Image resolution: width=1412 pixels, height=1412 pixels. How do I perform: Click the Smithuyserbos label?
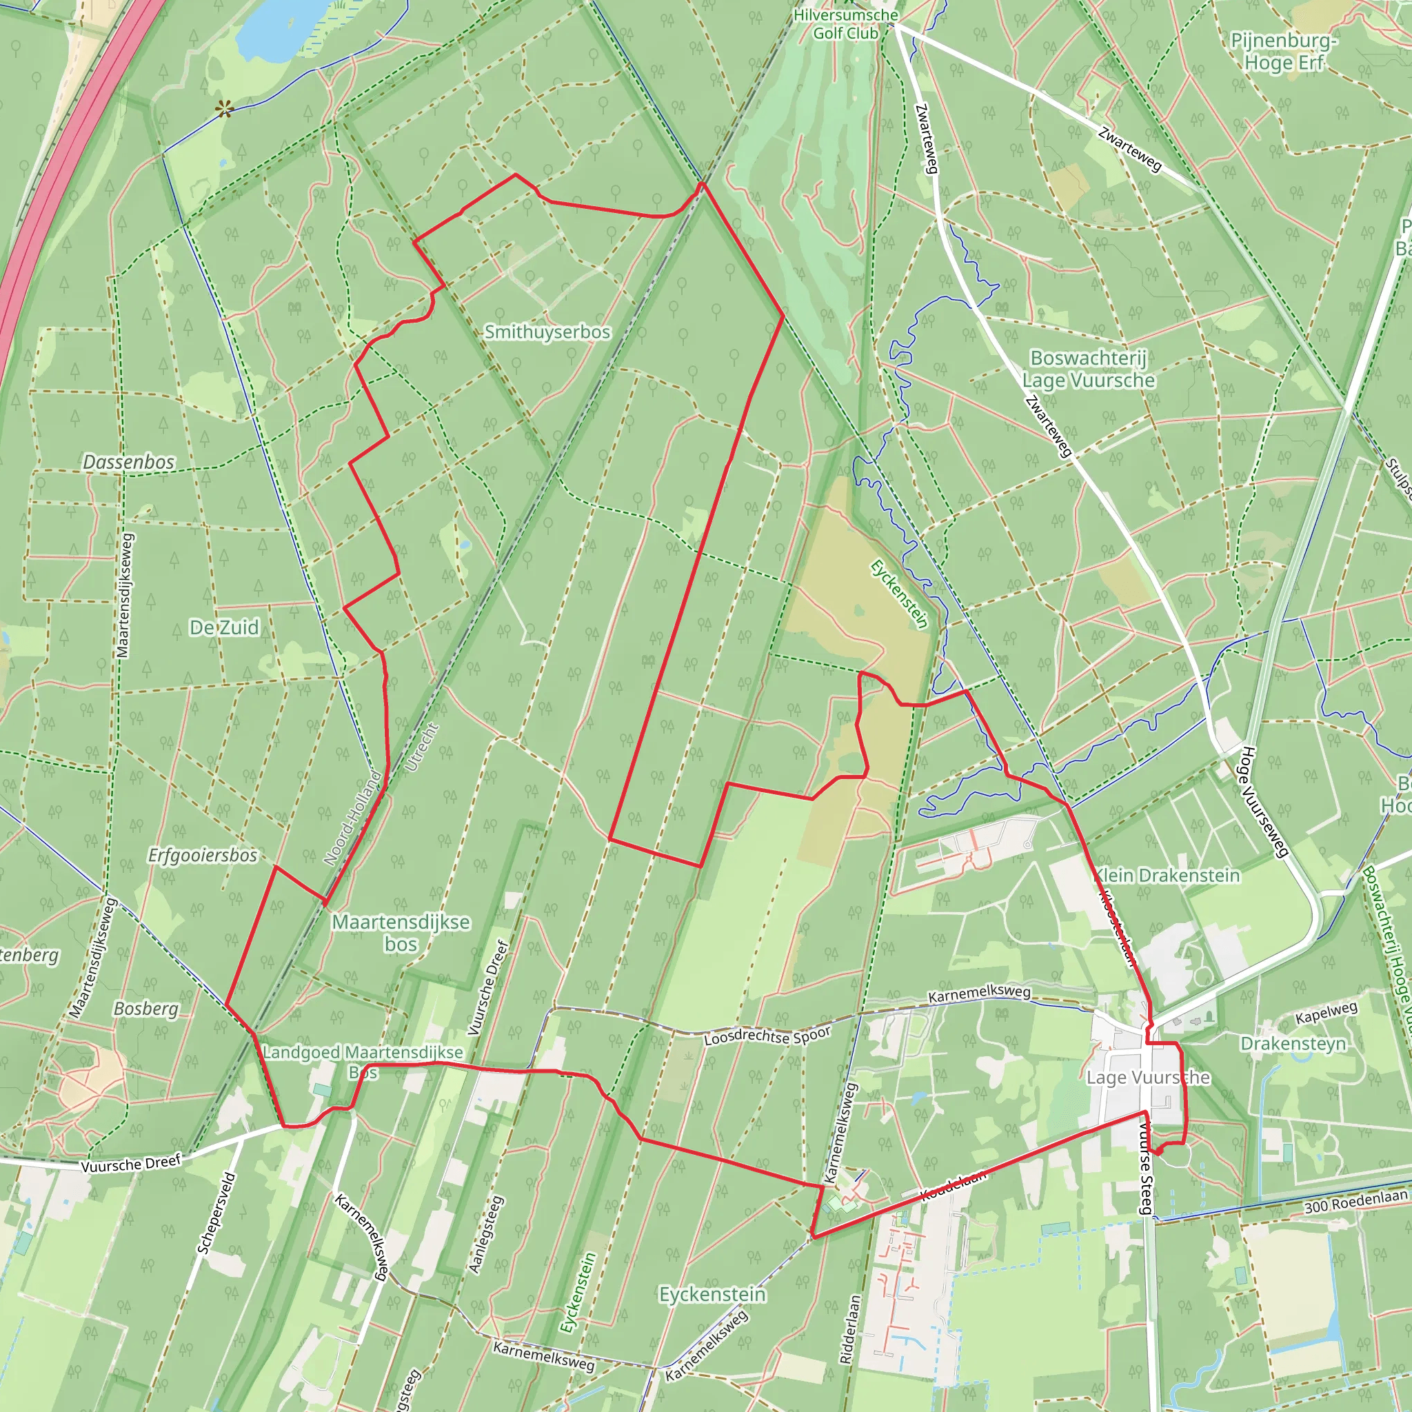(547, 332)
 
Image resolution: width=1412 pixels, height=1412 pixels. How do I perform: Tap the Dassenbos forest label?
(129, 462)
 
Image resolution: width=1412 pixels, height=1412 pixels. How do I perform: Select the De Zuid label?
(223, 627)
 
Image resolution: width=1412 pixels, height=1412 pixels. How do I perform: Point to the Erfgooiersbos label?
(203, 855)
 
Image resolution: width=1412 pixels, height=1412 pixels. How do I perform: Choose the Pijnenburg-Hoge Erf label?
(1284, 51)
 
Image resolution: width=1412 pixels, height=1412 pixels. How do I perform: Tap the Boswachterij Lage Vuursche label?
(1088, 369)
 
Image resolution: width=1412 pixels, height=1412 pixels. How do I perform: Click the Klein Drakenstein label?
(1167, 876)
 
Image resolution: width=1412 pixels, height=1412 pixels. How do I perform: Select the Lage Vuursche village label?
(1147, 1078)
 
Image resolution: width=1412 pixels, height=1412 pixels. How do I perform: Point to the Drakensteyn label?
(1293, 1043)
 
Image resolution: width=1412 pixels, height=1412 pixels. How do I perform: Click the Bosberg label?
(146, 1009)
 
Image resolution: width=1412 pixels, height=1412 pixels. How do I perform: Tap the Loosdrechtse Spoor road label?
(767, 1036)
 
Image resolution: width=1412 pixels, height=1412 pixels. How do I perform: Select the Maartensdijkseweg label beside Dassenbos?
(124, 596)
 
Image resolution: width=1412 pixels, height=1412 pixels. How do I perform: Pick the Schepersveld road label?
(216, 1213)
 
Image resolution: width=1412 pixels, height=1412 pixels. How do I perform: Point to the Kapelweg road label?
(1326, 1013)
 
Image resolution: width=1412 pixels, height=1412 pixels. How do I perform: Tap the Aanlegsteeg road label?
(487, 1234)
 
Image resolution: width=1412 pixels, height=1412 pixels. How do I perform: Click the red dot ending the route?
(1158, 1153)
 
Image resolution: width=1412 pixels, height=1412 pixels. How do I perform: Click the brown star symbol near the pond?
(225, 110)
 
